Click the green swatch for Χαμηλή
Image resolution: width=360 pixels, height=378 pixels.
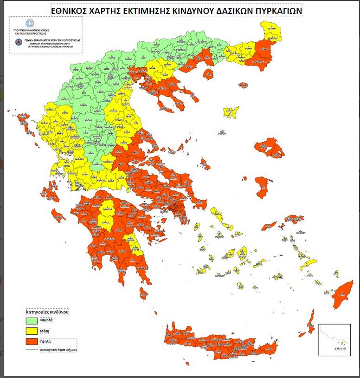pos(36,320)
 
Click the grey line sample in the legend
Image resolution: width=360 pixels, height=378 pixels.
pos(35,351)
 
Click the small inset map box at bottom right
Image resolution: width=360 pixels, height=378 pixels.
pos(333,340)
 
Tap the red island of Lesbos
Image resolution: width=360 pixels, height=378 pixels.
pos(269,149)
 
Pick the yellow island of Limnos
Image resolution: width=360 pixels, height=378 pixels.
pos(231,112)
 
